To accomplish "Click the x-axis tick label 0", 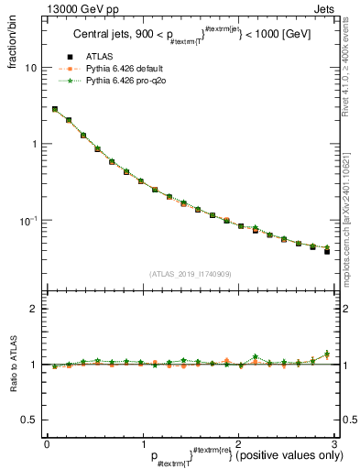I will [47, 444].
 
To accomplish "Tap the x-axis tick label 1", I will [142, 444].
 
